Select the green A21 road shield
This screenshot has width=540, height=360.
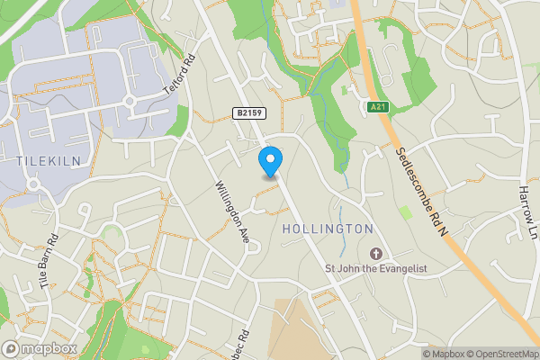[380, 107]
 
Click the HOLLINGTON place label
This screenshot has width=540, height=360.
[328, 229]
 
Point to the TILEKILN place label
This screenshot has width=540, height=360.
[42, 159]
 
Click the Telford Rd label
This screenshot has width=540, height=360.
[178, 78]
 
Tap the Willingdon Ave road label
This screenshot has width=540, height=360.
[230, 213]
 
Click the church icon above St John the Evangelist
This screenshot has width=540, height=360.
[375, 251]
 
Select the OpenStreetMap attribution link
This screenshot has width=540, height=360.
[503, 354]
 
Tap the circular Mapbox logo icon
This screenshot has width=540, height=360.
[11, 348]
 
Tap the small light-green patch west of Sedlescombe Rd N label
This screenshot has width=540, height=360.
[405, 213]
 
